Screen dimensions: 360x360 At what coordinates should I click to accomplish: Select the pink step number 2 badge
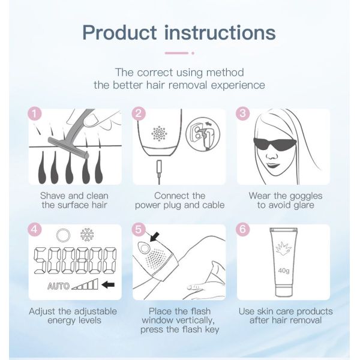(139, 113)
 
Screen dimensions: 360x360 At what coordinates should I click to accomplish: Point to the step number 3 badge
(243, 113)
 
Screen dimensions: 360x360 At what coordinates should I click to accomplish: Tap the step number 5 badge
(139, 229)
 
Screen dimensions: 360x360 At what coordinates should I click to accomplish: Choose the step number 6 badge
(243, 229)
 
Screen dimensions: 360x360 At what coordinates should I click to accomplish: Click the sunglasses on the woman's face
(275, 143)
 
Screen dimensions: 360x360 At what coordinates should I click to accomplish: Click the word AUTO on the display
(58, 286)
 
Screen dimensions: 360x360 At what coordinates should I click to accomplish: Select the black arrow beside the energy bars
(108, 285)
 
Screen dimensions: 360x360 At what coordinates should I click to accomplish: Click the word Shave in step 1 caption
(53, 196)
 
